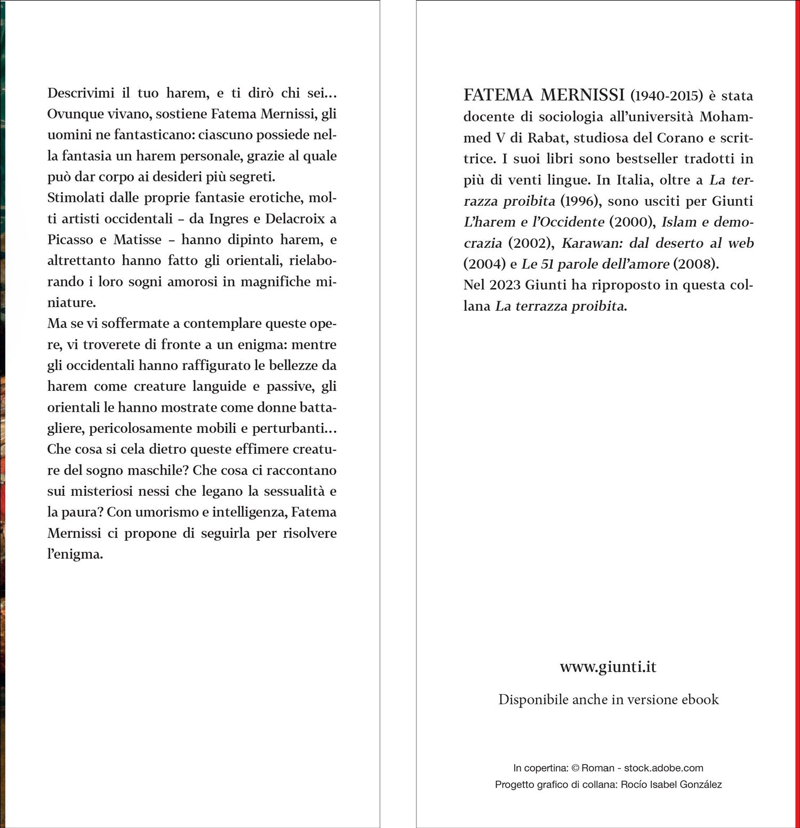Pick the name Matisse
(x=137, y=239)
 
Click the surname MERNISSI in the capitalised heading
(x=582, y=95)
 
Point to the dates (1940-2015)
(x=667, y=96)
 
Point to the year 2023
(x=505, y=285)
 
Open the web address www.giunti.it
(x=608, y=667)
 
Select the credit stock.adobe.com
(x=663, y=768)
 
